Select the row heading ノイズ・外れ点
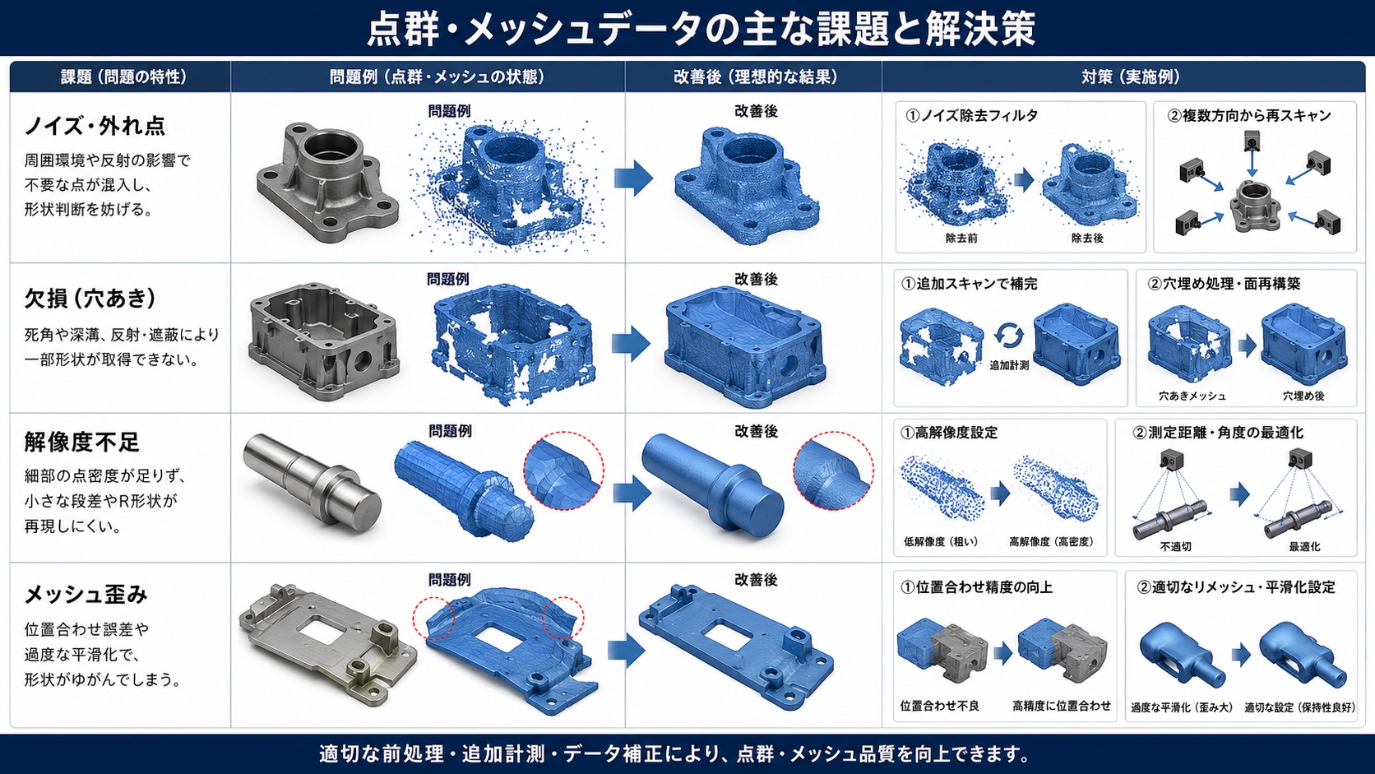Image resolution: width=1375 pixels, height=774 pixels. click(x=95, y=126)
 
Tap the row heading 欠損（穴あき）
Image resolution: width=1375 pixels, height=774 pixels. click(x=90, y=299)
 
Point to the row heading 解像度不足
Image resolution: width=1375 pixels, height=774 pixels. click(x=81, y=442)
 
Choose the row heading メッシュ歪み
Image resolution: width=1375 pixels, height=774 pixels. click(x=86, y=594)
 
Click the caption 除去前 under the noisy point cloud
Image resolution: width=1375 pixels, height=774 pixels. click(x=961, y=239)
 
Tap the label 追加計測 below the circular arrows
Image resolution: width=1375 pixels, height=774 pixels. click(x=1009, y=365)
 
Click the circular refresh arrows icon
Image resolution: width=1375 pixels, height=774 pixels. click(x=1009, y=336)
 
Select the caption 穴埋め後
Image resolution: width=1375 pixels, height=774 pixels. click(x=1303, y=396)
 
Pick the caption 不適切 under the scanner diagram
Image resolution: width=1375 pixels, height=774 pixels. click(x=1175, y=546)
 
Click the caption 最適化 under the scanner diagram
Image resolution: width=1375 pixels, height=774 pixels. click(x=1304, y=546)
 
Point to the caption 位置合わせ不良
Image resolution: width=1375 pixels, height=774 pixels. click(x=939, y=706)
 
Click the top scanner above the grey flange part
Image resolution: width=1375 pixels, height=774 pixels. click(x=1252, y=141)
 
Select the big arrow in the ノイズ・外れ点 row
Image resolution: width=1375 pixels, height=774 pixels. click(x=633, y=178)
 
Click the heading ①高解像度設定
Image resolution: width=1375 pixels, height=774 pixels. click(x=949, y=433)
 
